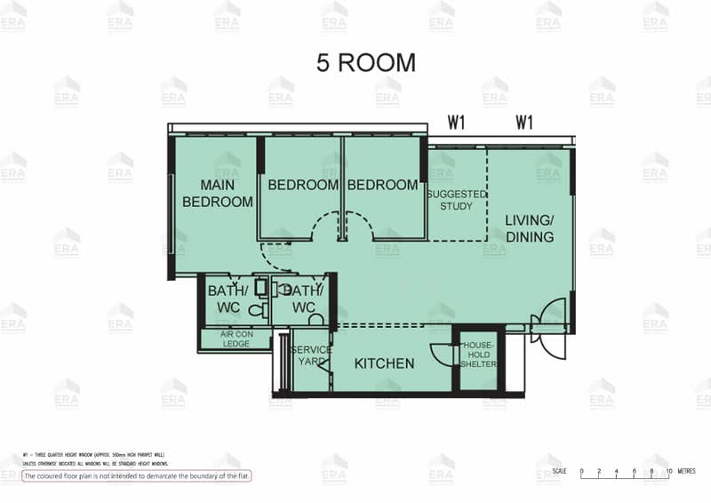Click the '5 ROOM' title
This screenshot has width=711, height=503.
click(x=365, y=63)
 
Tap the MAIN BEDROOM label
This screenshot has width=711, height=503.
click(x=218, y=193)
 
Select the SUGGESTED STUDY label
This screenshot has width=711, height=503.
click(x=457, y=200)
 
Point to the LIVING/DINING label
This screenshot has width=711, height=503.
click(x=530, y=228)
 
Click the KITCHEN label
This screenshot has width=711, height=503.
click(x=384, y=363)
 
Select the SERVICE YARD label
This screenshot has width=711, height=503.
click(x=311, y=355)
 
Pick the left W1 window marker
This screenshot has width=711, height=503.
click(x=456, y=124)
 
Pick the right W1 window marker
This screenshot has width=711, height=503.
click(x=523, y=124)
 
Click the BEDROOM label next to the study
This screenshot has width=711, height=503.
click(x=382, y=185)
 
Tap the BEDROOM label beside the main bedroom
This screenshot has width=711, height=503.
click(x=303, y=185)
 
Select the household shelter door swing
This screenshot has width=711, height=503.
click(x=442, y=355)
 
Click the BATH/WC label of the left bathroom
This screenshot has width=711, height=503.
click(x=223, y=299)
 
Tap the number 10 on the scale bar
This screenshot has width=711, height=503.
click(x=669, y=470)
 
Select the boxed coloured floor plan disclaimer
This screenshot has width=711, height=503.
click(x=137, y=476)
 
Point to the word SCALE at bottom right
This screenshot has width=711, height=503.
click(x=559, y=470)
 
